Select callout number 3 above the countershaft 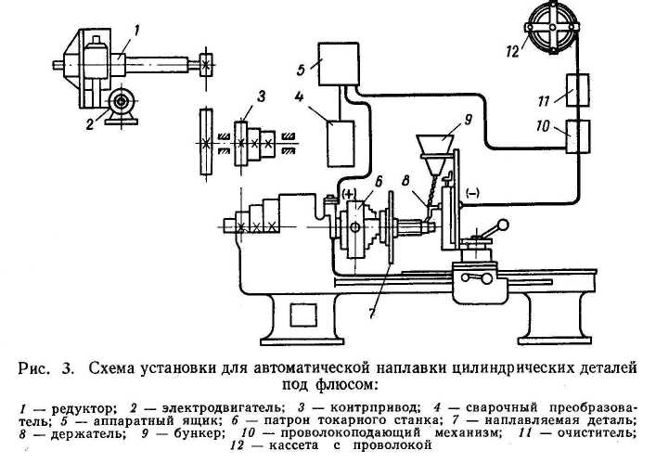tap(263, 95)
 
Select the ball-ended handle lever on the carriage tap(494, 228)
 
